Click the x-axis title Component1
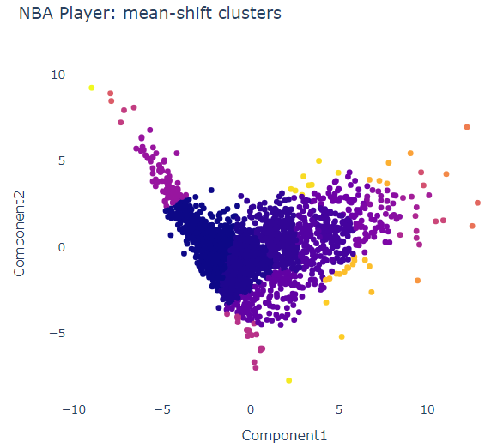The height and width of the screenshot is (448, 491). point(284,435)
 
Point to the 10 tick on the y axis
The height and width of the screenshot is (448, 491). point(58,75)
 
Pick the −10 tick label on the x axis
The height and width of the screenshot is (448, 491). point(73,410)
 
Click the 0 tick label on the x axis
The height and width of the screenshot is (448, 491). point(251,410)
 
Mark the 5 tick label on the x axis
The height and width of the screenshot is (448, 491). point(339,410)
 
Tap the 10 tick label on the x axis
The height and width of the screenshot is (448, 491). point(427,410)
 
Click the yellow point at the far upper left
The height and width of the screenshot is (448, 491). point(92,88)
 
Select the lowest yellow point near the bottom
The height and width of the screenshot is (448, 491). point(289,380)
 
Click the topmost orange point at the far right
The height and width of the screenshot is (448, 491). point(467,127)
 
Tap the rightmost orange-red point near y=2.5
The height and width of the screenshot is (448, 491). point(478,203)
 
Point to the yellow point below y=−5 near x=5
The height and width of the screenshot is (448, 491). point(342,336)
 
